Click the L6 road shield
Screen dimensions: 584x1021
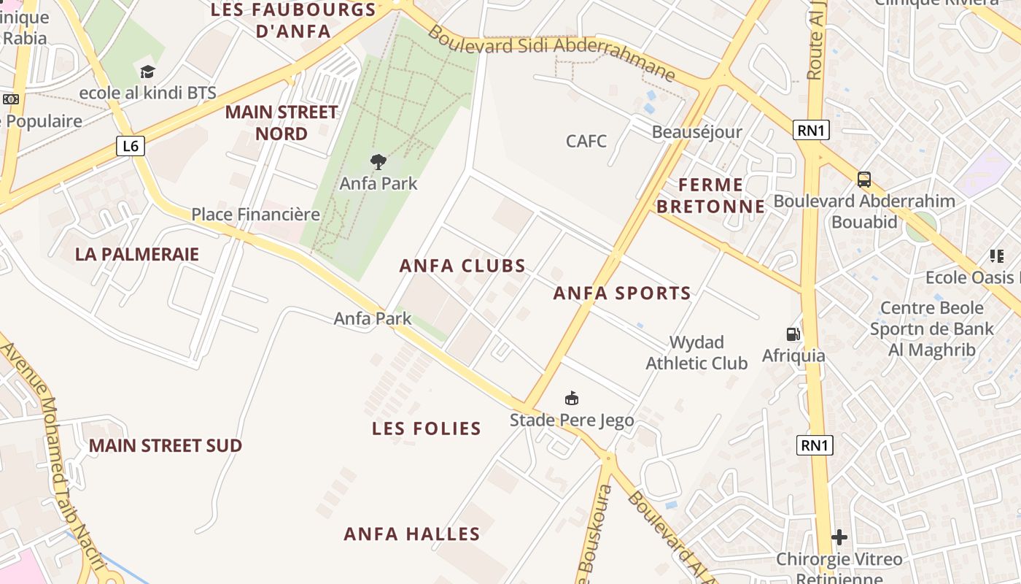[x=131, y=146]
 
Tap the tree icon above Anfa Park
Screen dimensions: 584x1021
[x=378, y=161]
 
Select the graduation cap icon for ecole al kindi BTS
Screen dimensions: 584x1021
[x=148, y=72]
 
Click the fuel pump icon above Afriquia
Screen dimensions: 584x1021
[x=793, y=334]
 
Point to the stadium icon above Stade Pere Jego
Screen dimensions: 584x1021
[x=572, y=398]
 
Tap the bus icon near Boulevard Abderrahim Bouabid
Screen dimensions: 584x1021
[x=864, y=179]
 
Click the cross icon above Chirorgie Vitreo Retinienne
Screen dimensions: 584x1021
[x=839, y=537]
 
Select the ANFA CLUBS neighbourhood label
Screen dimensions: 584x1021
[x=462, y=266]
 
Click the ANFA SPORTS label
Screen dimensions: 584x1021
[x=622, y=293]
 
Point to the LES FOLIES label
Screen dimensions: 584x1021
[x=427, y=429]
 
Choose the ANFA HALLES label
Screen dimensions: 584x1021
[x=412, y=534]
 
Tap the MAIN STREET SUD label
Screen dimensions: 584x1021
[x=166, y=445]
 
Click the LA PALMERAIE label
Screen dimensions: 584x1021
[x=137, y=254]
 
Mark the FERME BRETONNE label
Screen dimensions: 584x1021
[x=710, y=196]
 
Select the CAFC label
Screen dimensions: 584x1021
[x=586, y=141]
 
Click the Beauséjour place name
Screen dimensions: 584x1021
[x=696, y=132]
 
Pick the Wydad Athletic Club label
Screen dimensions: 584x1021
[x=696, y=353]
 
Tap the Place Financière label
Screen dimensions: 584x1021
[x=255, y=214]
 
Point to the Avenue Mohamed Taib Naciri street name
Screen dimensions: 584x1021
[x=51, y=453]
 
